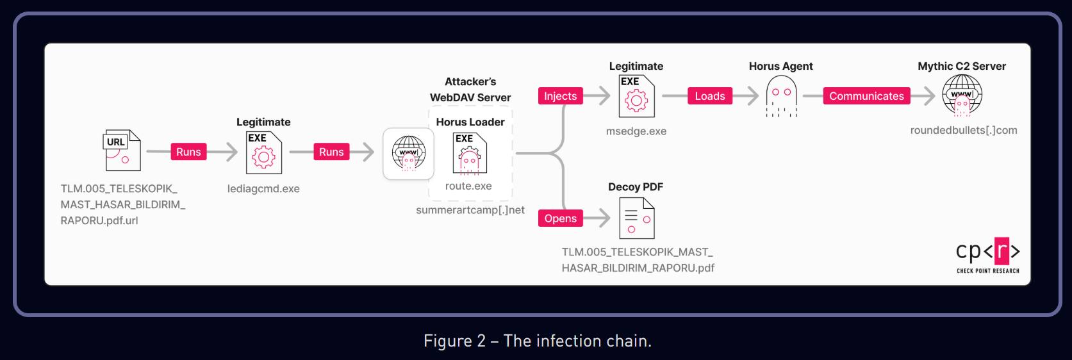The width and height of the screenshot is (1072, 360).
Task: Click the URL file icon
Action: pos(122,151)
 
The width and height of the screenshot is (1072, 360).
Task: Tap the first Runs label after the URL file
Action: pos(188,152)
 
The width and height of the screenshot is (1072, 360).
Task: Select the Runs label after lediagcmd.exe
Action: pos(331,152)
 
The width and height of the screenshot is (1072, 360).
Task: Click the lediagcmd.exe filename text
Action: pos(263,189)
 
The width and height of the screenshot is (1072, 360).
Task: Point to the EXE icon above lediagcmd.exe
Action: pos(263,152)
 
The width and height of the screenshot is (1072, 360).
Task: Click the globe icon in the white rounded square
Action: pos(408,154)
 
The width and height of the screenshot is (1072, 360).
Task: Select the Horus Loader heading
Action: pos(470,122)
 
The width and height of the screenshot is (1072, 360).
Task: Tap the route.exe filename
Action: pos(468,186)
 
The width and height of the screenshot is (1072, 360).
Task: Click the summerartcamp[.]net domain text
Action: pos(470,210)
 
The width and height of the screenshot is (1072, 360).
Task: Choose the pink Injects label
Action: pos(560,96)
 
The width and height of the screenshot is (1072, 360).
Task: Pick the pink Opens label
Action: pos(560,218)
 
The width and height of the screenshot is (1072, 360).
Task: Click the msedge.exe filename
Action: pos(636,131)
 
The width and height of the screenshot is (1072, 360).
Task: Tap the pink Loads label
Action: pos(710,96)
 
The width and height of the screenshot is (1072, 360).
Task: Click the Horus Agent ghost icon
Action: pos(781,96)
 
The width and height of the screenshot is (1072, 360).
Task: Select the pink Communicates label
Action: pos(866,96)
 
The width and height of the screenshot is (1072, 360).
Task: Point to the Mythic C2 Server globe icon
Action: pos(962,95)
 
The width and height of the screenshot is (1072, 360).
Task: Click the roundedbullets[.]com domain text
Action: pos(963,130)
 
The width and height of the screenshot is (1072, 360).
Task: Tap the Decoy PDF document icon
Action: pos(636,218)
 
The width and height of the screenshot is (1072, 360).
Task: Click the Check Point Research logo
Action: pos(987,255)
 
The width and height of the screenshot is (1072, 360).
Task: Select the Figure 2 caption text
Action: pos(537,341)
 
